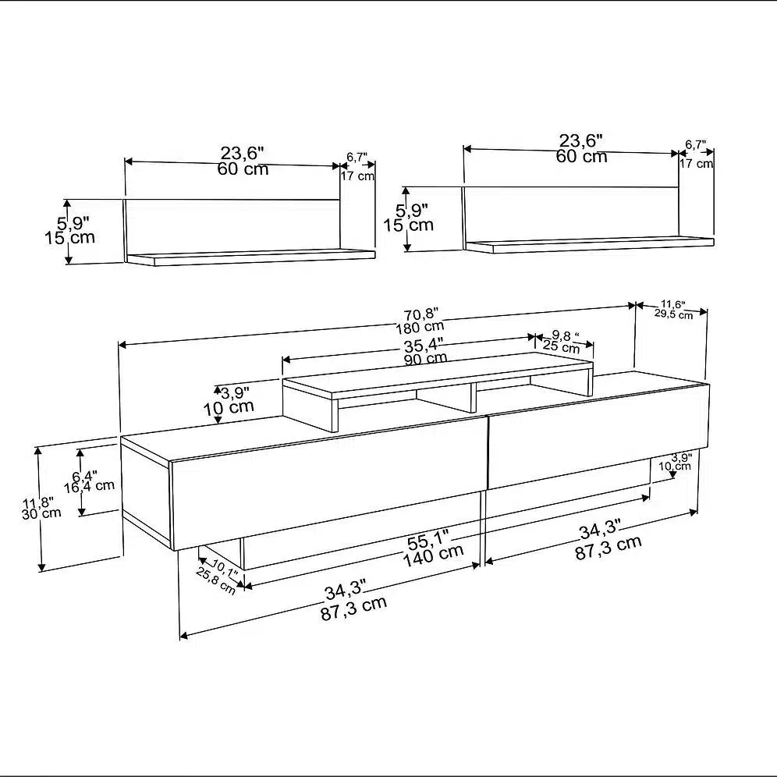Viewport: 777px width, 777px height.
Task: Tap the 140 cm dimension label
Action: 433,556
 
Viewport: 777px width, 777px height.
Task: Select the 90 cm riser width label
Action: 426,358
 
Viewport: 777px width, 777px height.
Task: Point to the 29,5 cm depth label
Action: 673,314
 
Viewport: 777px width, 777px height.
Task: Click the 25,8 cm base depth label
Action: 216,580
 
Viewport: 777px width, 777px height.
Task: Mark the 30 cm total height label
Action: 41,513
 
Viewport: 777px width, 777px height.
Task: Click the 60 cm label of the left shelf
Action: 243,169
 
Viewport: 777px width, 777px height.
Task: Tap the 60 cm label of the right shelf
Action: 581,157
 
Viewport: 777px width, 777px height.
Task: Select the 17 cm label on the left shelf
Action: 357,176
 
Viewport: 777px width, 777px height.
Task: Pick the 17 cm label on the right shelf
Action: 696,163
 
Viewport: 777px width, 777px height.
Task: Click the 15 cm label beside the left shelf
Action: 70,238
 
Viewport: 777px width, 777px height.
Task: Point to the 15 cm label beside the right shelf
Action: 408,225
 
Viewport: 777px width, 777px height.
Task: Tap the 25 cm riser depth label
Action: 561,346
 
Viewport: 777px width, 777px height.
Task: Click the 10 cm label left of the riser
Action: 229,408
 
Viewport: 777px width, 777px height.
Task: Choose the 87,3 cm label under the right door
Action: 608,548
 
